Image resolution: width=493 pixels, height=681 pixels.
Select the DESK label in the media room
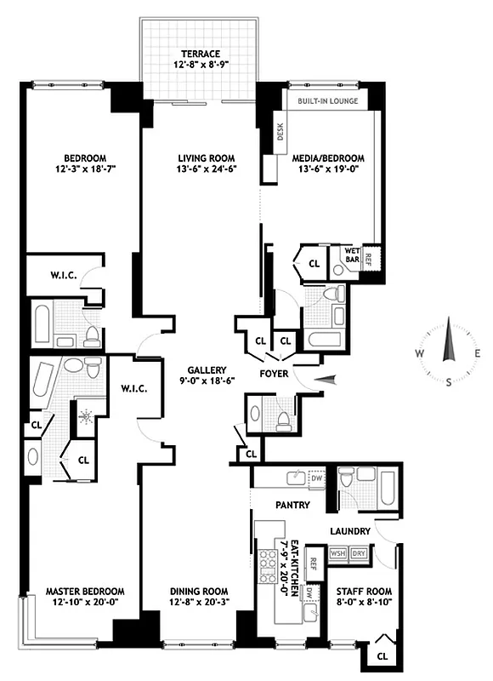(x=279, y=132)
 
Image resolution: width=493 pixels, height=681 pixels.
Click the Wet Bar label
(x=352, y=254)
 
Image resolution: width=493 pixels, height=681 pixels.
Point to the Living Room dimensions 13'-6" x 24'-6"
(x=206, y=169)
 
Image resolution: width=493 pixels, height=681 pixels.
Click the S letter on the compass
(x=449, y=383)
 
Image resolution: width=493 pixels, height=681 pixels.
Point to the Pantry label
(x=292, y=505)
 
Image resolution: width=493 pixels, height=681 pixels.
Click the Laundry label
(x=350, y=532)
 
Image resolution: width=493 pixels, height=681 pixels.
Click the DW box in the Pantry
(x=316, y=478)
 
